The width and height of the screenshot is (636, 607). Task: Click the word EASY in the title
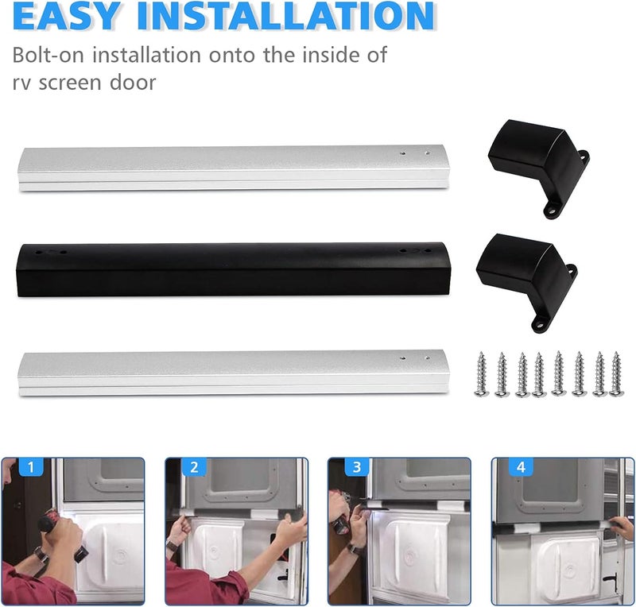(67, 16)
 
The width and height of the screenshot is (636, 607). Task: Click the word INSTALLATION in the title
(286, 16)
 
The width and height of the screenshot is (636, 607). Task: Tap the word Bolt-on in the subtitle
(45, 55)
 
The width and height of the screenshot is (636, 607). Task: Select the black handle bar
(234, 269)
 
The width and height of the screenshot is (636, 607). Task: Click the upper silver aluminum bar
(234, 168)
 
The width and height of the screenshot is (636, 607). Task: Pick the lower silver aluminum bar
(234, 373)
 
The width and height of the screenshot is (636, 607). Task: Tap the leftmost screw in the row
(482, 374)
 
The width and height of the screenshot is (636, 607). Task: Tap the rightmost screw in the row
(617, 374)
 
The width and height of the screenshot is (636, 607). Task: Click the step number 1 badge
(30, 467)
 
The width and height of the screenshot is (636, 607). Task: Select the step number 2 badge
(194, 467)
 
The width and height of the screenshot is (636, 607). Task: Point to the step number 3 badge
(356, 467)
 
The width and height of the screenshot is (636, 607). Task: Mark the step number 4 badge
(521, 467)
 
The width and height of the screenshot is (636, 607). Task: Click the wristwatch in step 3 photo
(355, 549)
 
